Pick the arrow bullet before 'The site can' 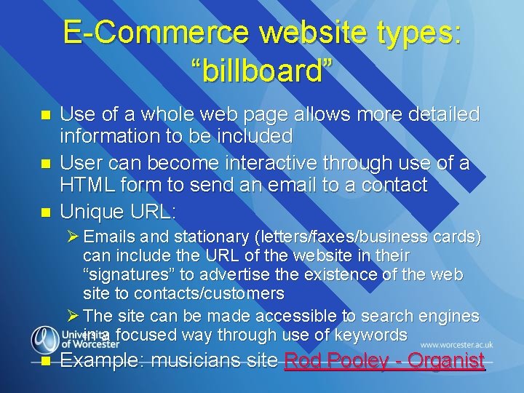(x=74, y=317)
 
